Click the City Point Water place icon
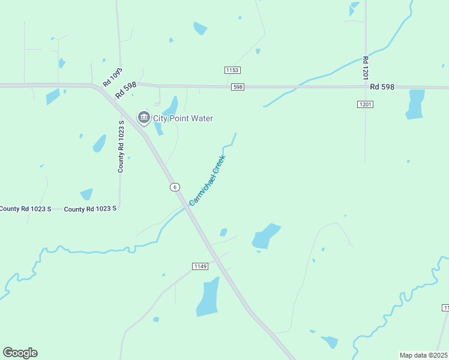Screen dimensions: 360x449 [x=143, y=118]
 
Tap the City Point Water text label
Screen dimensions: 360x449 [x=182, y=118]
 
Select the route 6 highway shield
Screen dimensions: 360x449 [x=174, y=187]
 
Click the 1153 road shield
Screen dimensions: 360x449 [x=233, y=70]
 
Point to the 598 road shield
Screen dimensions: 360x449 [x=238, y=87]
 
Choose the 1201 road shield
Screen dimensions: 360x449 [x=365, y=104]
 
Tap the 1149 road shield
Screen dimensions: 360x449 [x=200, y=266]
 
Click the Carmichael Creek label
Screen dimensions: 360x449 [x=207, y=181]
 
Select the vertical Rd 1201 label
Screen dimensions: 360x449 [x=365, y=69]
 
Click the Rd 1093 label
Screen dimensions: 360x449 [x=112, y=77]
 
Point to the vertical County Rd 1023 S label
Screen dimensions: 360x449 [x=121, y=146]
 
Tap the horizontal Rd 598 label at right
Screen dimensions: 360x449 [x=382, y=87]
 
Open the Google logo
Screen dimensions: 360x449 [x=20, y=353]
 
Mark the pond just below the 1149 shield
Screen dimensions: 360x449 [x=208, y=297]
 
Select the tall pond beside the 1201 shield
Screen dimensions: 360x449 [x=415, y=104]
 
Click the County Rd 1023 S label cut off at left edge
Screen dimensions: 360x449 [x=25, y=209]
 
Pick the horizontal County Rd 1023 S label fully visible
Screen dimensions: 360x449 [x=90, y=209]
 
